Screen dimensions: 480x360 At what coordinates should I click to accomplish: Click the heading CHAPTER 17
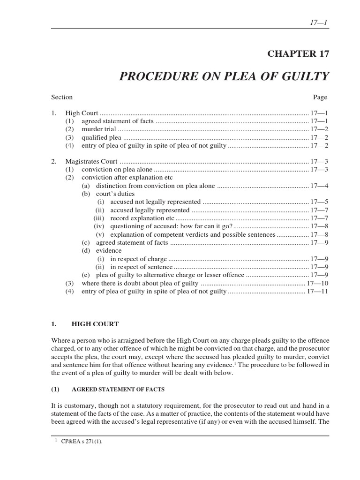click(298, 53)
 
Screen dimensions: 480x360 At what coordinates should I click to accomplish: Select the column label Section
click(62, 97)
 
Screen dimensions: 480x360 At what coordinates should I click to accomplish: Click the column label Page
click(320, 97)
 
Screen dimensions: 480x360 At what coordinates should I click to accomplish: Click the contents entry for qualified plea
click(101, 138)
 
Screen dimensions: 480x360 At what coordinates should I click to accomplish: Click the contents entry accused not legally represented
click(155, 202)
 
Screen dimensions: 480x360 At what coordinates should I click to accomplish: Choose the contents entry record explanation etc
click(142, 218)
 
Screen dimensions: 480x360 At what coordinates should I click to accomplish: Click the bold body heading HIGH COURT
click(95, 324)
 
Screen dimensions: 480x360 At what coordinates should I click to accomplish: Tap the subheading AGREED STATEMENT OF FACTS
click(118, 389)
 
